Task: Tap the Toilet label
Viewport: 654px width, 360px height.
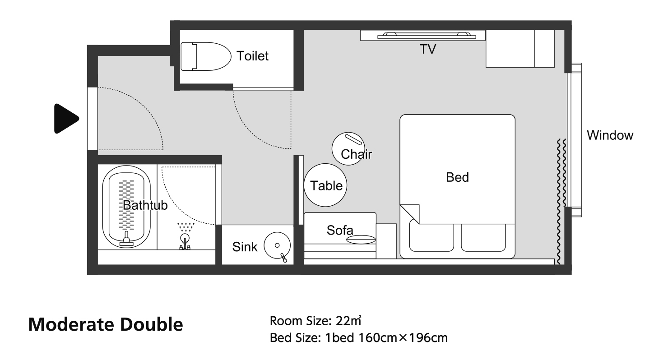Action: coord(252,56)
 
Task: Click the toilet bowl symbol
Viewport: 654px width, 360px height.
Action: coord(206,56)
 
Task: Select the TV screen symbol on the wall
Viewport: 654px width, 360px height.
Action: coord(427,36)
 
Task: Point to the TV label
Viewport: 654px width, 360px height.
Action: coord(428,49)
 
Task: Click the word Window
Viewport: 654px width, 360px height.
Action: coord(610,135)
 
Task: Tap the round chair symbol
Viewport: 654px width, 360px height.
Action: coord(348,149)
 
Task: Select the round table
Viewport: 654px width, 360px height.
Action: coord(325,185)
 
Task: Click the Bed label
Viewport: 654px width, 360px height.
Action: coord(457,177)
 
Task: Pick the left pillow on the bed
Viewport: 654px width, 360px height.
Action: coord(431,236)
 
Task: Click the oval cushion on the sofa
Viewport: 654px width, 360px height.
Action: coord(361,240)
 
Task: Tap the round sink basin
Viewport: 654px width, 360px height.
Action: coord(277,245)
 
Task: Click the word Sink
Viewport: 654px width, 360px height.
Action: coord(245,247)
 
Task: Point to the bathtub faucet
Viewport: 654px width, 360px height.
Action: coord(126,238)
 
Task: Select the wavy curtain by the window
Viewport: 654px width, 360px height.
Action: coord(561,202)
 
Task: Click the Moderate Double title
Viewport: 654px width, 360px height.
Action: coord(106,324)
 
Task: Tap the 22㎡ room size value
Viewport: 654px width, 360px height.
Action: coord(348,321)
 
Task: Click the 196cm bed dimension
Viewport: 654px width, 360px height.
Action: coord(428,338)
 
